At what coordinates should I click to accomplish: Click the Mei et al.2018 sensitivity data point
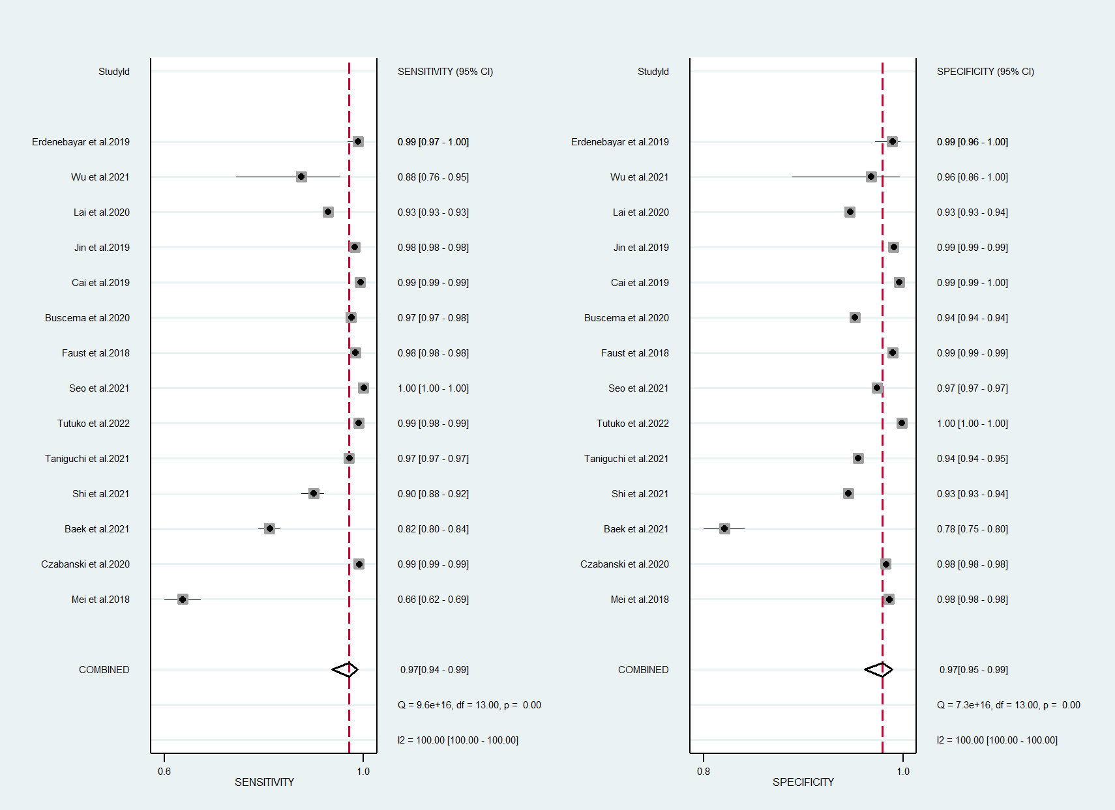coord(183,599)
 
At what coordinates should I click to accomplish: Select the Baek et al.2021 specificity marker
coord(724,528)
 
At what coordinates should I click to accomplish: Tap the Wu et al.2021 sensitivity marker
coord(301,177)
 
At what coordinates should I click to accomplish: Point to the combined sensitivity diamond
coord(346,669)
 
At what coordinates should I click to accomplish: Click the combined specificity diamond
coord(879,669)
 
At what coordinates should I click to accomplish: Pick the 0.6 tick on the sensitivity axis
coord(164,771)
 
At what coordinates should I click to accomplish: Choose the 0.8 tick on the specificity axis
coord(704,771)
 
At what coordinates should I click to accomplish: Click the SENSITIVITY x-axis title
coord(264,782)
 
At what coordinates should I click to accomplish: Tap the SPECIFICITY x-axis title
coord(803,782)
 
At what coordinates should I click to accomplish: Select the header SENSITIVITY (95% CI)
coord(445,72)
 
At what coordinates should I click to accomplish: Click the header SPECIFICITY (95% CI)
coord(985,72)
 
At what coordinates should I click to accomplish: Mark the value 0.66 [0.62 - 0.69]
coord(433,600)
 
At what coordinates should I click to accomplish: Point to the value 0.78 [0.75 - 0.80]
coord(972,529)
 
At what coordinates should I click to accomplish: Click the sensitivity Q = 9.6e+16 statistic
coord(469,705)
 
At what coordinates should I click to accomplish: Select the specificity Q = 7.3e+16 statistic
coord(1008,705)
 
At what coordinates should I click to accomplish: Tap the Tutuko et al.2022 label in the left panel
coord(93,424)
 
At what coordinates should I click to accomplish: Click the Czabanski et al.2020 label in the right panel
coord(624,564)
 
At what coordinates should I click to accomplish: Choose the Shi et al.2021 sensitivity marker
coord(314,493)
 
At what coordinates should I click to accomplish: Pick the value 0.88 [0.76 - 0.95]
coord(433,177)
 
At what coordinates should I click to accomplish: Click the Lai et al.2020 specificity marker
coord(850,212)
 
